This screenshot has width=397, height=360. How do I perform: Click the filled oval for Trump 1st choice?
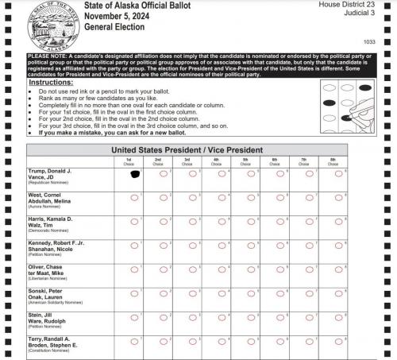(x=134, y=174)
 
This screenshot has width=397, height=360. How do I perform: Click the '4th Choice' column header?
(x=216, y=161)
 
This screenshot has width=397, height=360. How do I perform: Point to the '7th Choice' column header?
(x=304, y=161)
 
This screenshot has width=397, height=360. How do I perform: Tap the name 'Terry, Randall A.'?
(x=50, y=339)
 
